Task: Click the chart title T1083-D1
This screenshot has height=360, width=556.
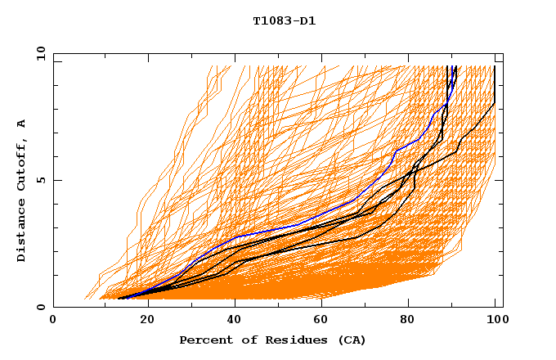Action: (284, 21)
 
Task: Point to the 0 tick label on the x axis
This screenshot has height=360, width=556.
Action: (54, 321)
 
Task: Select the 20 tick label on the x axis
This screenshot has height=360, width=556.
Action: (142, 321)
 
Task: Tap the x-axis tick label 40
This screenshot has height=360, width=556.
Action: (231, 321)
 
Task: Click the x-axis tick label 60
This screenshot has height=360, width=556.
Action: (319, 321)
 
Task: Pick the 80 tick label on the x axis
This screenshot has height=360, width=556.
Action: (407, 321)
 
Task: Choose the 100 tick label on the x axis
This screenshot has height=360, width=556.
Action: (495, 321)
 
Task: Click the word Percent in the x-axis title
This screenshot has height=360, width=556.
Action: (204, 340)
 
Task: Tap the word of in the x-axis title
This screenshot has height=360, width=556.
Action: (246, 340)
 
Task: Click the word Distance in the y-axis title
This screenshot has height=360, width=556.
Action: (22, 233)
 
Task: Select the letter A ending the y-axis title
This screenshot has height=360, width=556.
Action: (22, 124)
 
